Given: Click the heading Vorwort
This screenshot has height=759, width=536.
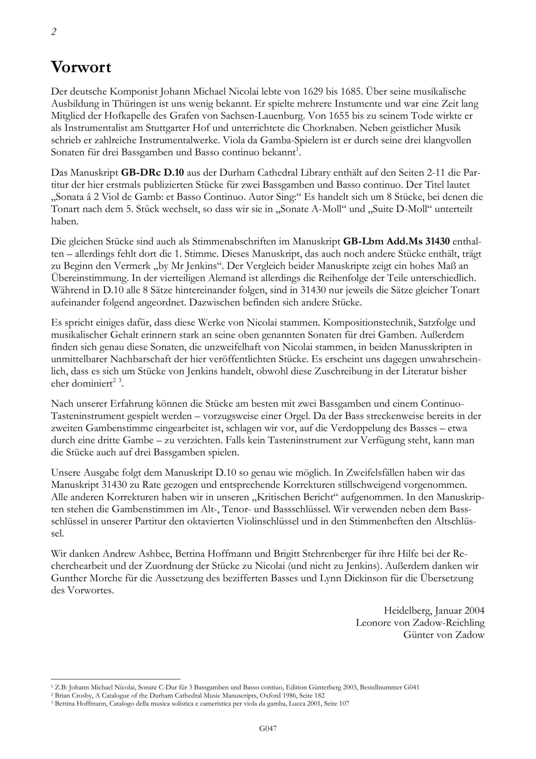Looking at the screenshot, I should click(81, 68).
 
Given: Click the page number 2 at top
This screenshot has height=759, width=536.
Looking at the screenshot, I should click(54, 32).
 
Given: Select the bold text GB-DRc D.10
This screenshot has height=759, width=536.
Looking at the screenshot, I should click(152, 173).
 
